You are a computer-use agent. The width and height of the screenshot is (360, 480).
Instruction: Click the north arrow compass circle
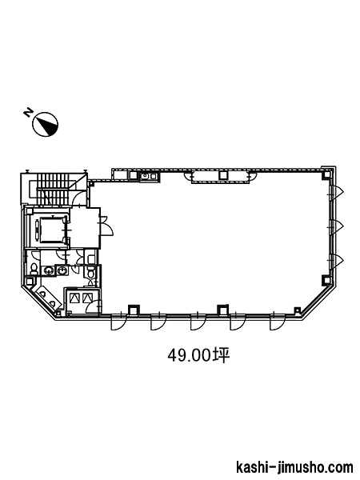(46, 124)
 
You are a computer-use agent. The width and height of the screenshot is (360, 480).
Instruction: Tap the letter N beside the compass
(29, 112)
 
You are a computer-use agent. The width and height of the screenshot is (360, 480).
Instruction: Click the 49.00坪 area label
(198, 355)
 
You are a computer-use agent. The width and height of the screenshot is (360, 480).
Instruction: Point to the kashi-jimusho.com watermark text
(294, 467)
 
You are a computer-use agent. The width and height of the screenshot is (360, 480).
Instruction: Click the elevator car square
(52, 230)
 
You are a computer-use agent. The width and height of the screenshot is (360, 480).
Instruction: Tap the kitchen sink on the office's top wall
(148, 176)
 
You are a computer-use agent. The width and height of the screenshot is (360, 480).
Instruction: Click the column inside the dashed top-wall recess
(223, 175)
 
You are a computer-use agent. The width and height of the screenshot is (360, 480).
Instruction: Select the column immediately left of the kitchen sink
(134, 175)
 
